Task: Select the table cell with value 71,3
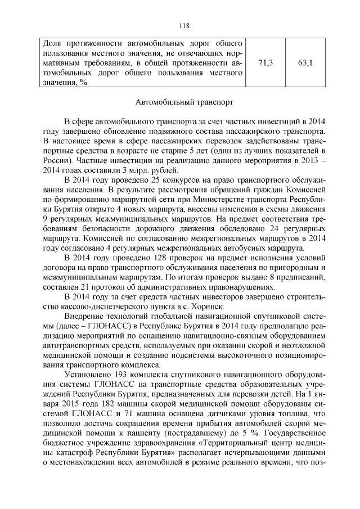pyautogui.click(x=265, y=62)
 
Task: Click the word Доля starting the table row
pyautogui.click(x=53, y=43)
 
